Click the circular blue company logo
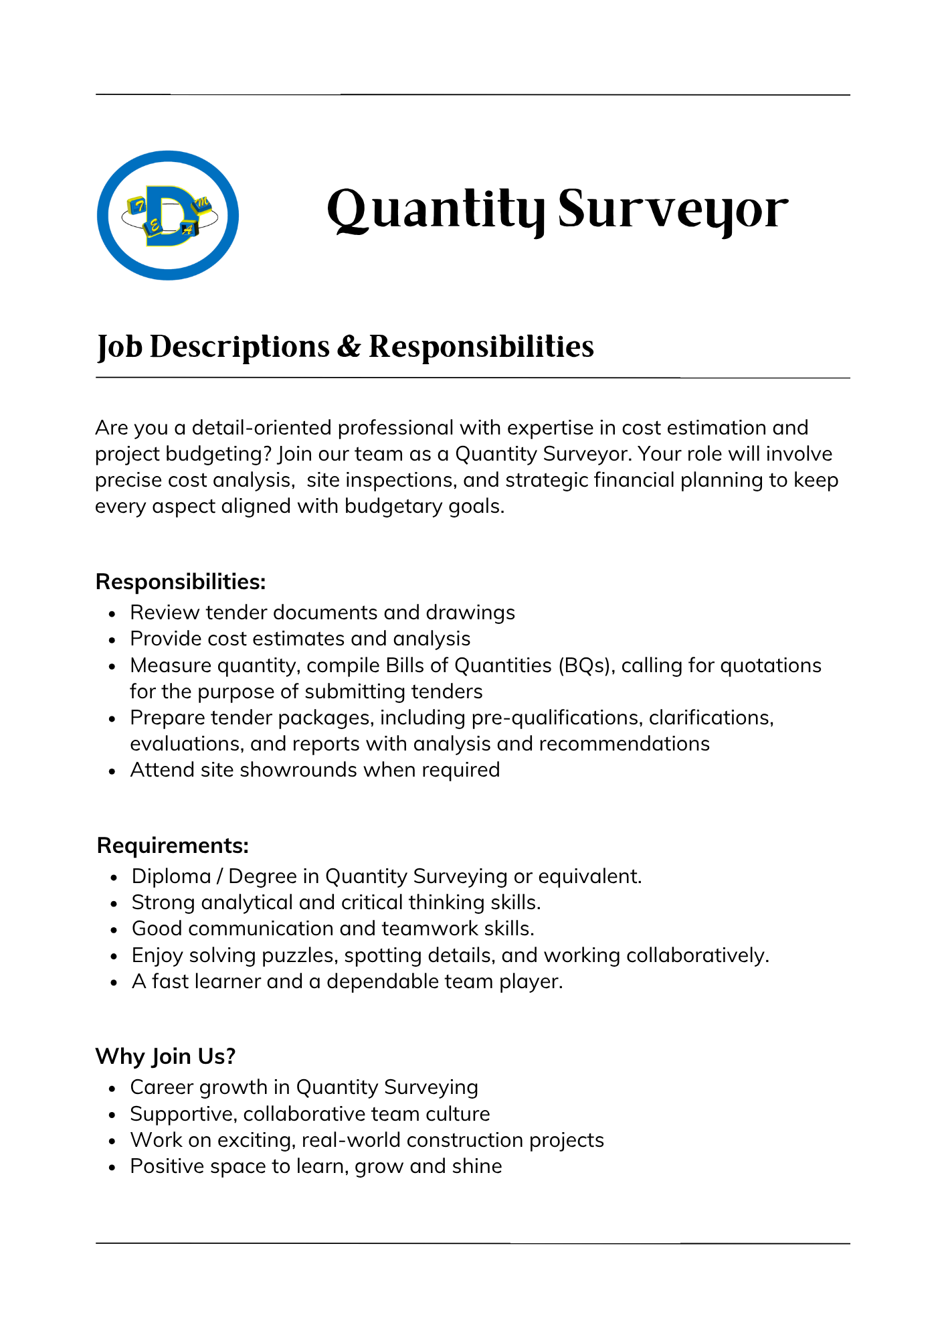(168, 215)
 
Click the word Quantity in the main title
(435, 210)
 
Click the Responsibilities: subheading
(181, 582)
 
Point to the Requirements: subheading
(173, 846)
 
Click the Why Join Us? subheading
(165, 1056)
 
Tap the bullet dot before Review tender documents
(113, 613)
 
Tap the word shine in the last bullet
(477, 1166)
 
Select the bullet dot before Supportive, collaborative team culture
(113, 1115)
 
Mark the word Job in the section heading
(120, 347)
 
